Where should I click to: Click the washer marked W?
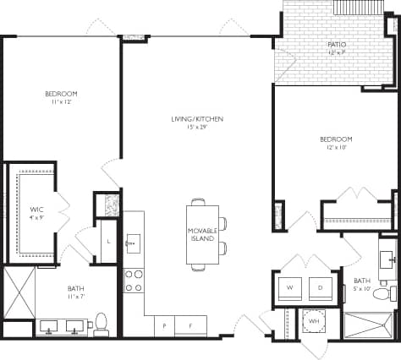pyautogui.click(x=290, y=288)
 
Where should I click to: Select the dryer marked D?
pyautogui.click(x=320, y=288)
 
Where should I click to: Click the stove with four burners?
pyautogui.click(x=133, y=280)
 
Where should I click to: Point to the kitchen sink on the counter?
pyautogui.click(x=133, y=244)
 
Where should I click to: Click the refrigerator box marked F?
pyautogui.click(x=190, y=325)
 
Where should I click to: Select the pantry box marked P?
pyautogui.click(x=163, y=325)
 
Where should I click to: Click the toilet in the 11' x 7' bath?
pyautogui.click(x=102, y=322)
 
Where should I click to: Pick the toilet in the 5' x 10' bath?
pyautogui.click(x=382, y=293)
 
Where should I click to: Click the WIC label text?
pyautogui.click(x=36, y=208)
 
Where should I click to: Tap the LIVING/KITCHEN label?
pyautogui.click(x=196, y=119)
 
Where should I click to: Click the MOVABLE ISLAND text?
pyautogui.click(x=203, y=234)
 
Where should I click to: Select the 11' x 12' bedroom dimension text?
pyautogui.click(x=61, y=101)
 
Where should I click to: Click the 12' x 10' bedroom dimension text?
pyautogui.click(x=336, y=147)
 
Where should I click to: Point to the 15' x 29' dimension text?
pyautogui.click(x=196, y=128)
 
